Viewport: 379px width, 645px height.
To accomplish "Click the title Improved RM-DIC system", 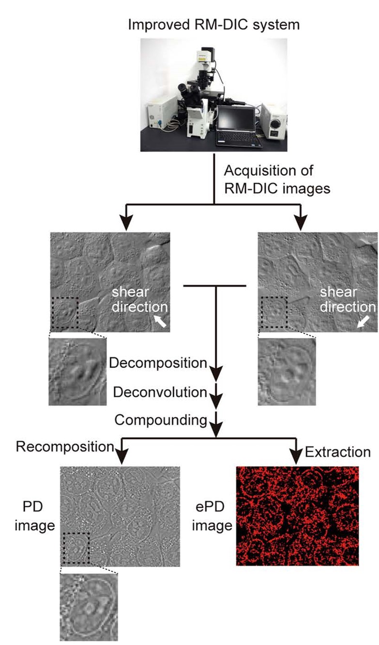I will point(213,24).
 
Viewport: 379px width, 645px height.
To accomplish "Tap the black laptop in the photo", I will point(238,125).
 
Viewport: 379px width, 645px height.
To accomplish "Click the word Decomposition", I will point(158,363).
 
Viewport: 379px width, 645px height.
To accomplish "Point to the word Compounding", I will point(160,420).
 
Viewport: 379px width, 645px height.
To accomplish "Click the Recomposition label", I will point(65,447).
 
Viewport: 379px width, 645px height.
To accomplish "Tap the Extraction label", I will point(337,452).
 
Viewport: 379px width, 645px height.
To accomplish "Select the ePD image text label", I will point(209,516).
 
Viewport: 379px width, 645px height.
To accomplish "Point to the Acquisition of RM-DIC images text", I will point(277,179).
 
